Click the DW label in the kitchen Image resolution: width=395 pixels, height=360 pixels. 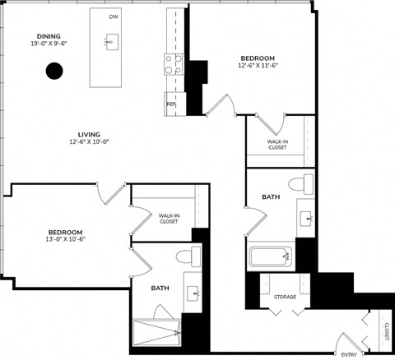[x=113, y=16]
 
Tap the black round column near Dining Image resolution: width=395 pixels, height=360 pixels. [x=53, y=72]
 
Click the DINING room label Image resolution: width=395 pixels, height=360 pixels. [x=49, y=36]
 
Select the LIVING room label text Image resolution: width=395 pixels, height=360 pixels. [x=89, y=133]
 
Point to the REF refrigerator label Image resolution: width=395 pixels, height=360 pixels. [x=171, y=104]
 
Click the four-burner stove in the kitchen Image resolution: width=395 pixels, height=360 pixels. [x=174, y=64]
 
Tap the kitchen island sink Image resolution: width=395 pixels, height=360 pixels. [x=111, y=41]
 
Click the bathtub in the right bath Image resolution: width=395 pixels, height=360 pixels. [x=272, y=257]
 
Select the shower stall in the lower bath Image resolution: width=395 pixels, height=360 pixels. [x=156, y=333]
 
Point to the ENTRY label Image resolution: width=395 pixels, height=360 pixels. [x=349, y=354]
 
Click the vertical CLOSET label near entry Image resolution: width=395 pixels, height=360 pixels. [x=386, y=332]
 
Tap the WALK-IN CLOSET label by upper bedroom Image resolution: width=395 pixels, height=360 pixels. [x=277, y=144]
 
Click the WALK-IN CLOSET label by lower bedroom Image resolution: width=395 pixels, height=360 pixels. [x=169, y=218]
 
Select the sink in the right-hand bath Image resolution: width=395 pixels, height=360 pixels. [x=306, y=218]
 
